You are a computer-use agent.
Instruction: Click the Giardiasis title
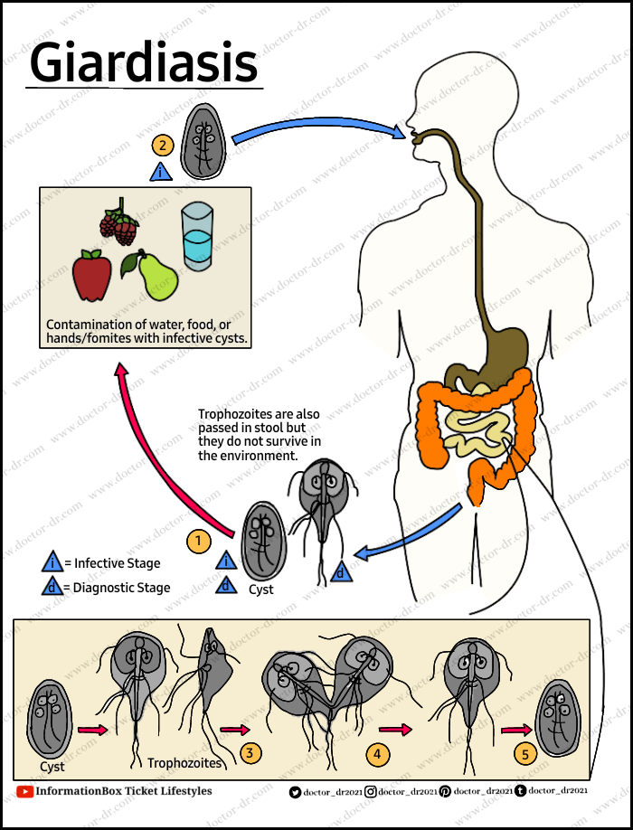(144, 63)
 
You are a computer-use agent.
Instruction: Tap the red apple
(91, 276)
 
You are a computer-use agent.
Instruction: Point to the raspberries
(118, 225)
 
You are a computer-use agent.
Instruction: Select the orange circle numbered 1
(198, 541)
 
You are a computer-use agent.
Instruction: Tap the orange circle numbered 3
(250, 751)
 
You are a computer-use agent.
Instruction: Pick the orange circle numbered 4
(377, 752)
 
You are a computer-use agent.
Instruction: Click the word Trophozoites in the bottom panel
(184, 763)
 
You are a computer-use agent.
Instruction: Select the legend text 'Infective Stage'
(117, 563)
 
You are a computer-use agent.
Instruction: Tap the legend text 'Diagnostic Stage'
(122, 588)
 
